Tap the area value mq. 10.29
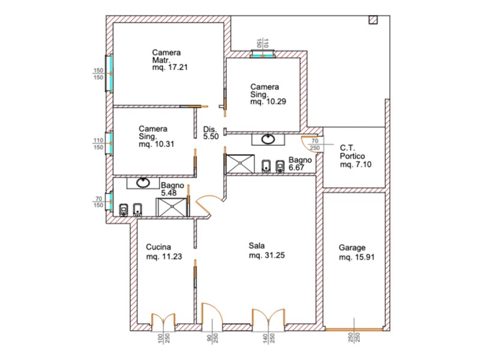tap(268, 102)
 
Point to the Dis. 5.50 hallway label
tap(210, 133)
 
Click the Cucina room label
tap(159, 247)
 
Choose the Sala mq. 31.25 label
tap(266, 250)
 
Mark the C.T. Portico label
tap(354, 155)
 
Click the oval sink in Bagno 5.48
tap(145, 182)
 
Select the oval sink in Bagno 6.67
tap(268, 139)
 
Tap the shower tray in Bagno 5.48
tap(172, 208)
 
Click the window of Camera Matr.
tap(109, 73)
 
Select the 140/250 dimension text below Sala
tap(268, 341)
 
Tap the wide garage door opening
tap(353, 329)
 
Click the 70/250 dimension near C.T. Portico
tap(315, 145)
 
